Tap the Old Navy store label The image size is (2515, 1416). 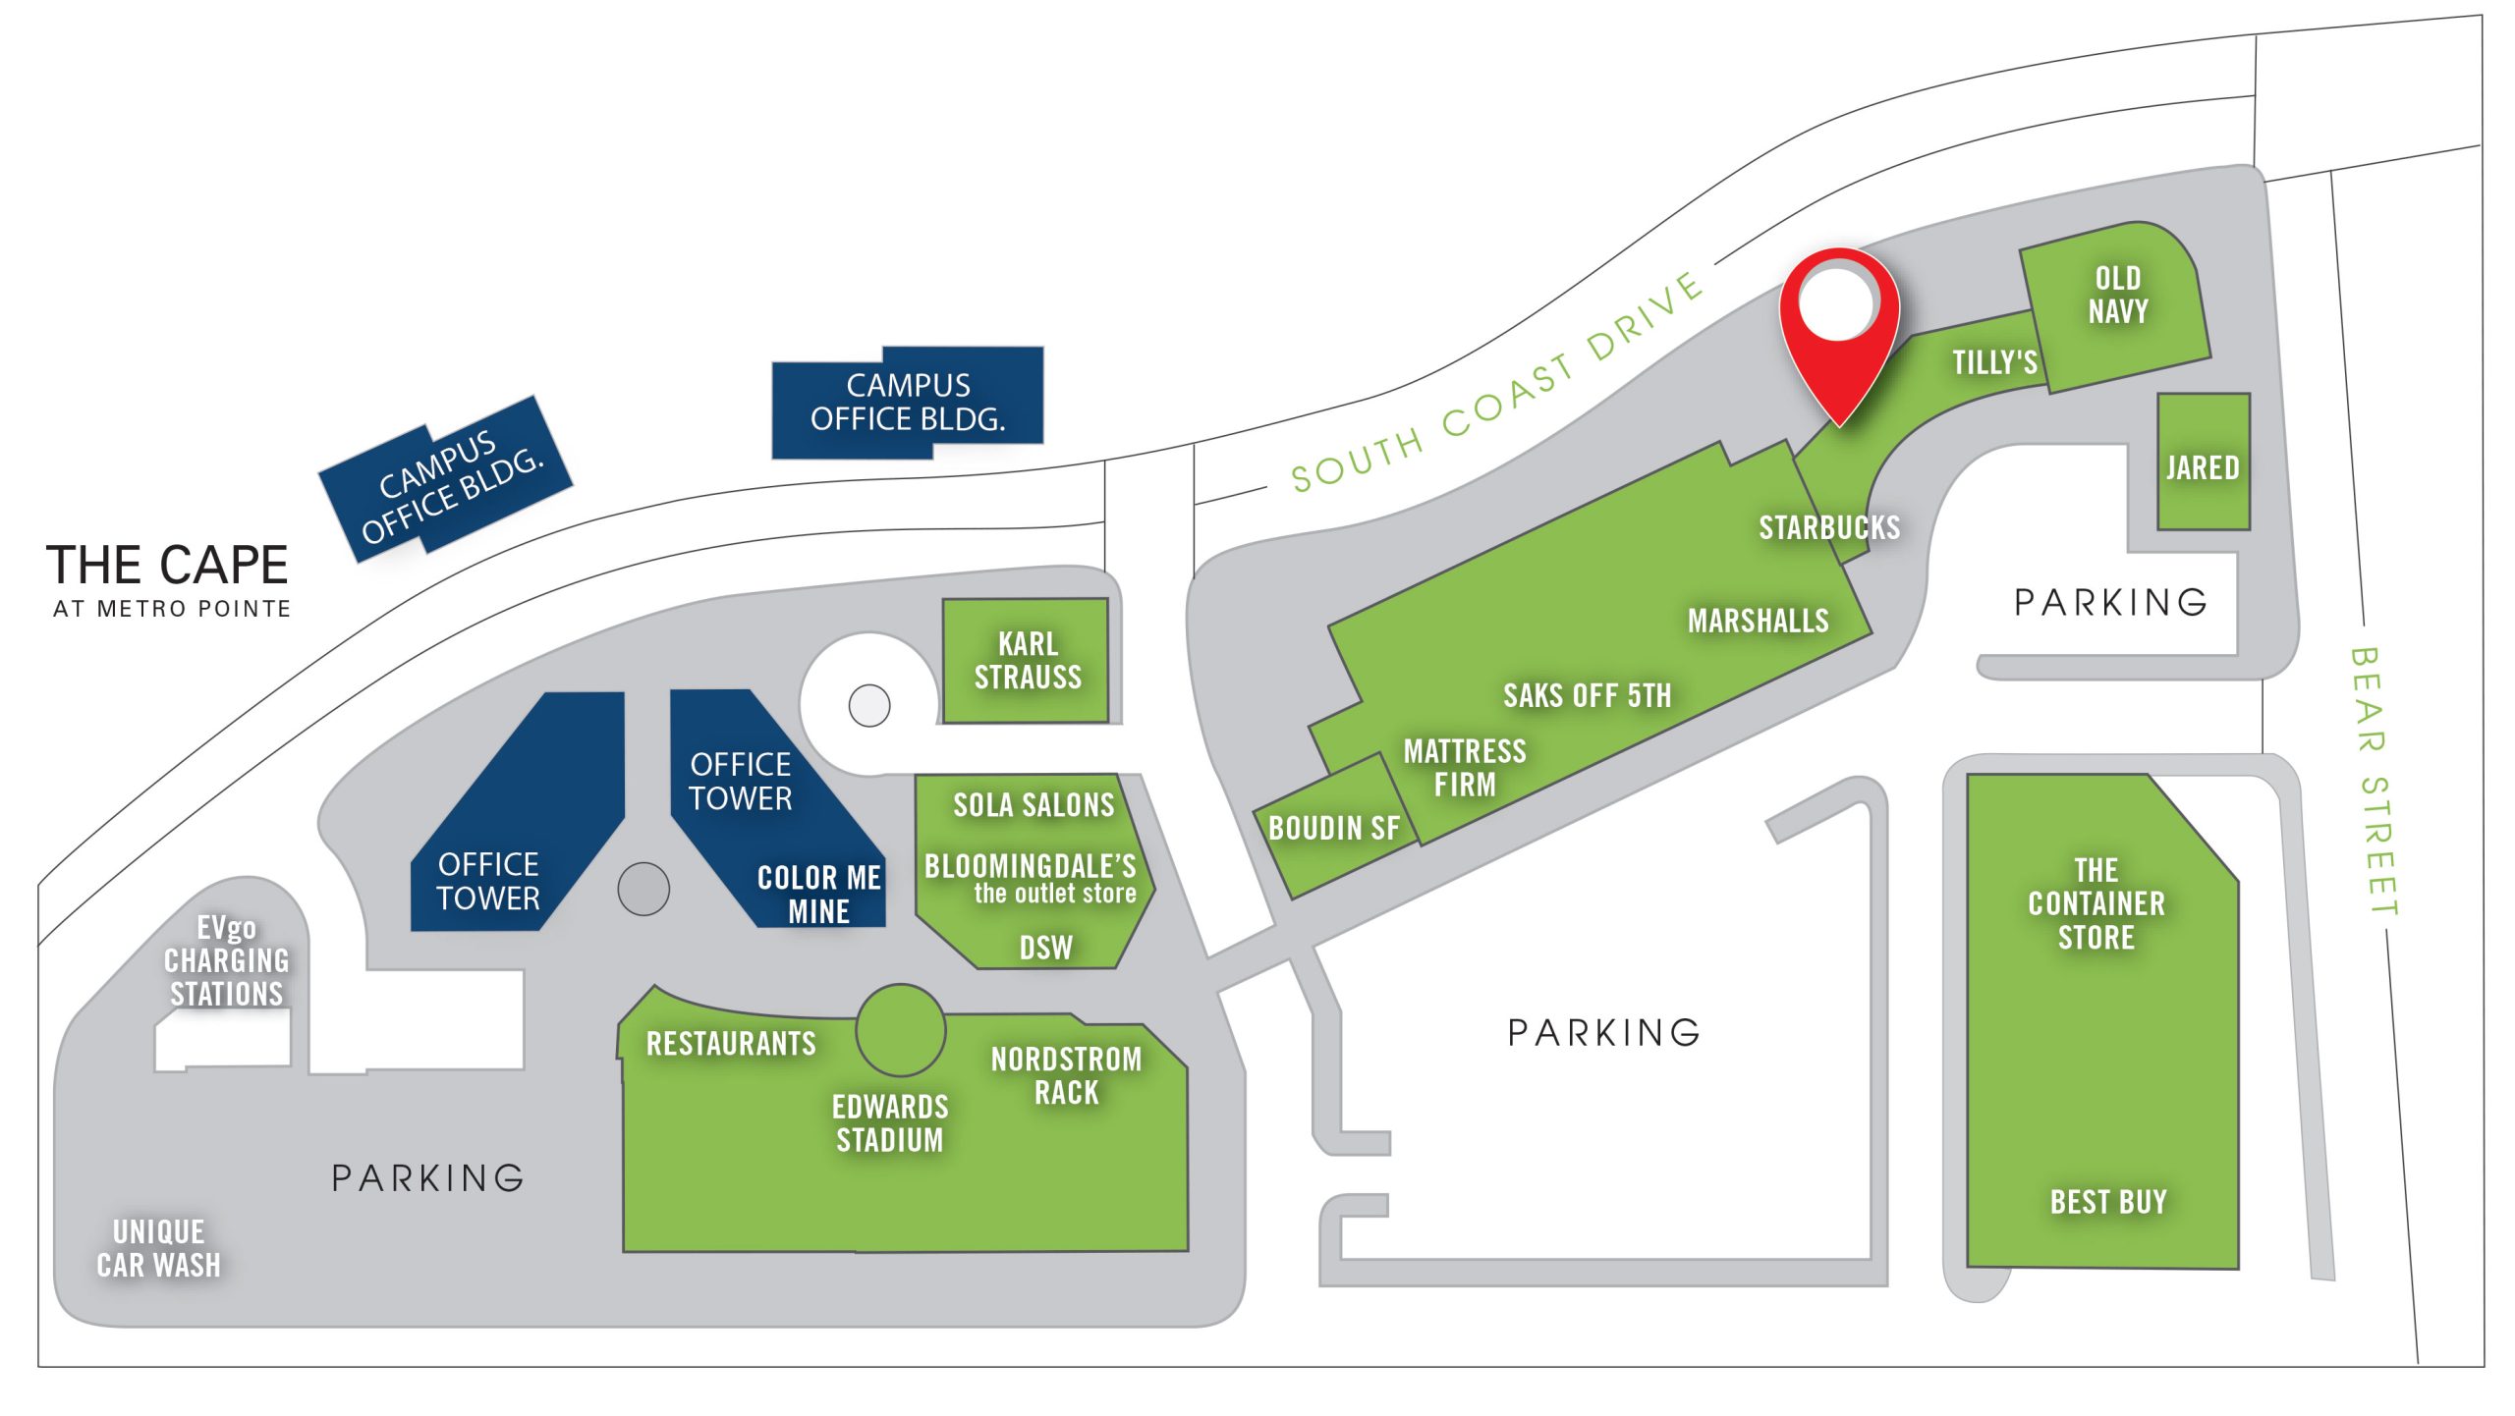point(2117,295)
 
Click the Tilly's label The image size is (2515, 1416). point(1993,362)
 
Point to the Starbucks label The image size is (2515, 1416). point(1828,527)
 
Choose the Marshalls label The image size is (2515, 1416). point(1758,621)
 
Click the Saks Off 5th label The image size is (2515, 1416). point(1587,695)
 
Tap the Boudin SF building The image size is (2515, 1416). point(1333,828)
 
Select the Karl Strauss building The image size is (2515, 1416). point(1027,661)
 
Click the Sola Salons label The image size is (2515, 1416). point(1034,805)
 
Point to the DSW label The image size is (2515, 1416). point(1045,948)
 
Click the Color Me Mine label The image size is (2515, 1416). point(818,894)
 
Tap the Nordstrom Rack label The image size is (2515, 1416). point(1066,1075)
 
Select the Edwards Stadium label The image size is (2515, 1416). point(890,1123)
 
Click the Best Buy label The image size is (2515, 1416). point(2107,1201)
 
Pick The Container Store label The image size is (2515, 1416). point(2096,903)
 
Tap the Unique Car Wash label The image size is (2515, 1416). point(158,1248)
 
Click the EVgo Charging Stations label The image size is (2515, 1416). point(226,960)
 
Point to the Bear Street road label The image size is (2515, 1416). point(2374,781)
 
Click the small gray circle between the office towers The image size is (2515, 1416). point(643,889)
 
